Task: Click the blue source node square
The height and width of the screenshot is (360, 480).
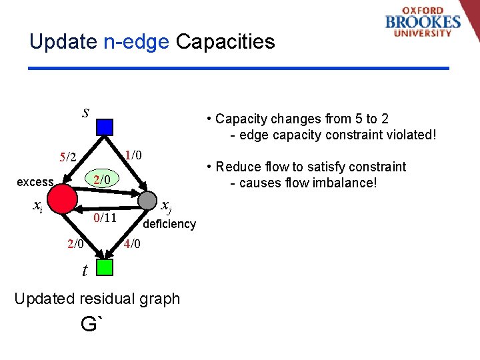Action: click(105, 127)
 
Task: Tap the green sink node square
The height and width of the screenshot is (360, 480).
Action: click(105, 267)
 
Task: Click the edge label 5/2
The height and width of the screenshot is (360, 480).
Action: click(69, 157)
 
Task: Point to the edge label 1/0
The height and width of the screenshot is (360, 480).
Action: click(133, 155)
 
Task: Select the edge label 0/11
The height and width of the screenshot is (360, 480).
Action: click(105, 218)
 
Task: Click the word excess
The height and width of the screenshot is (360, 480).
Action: click(35, 182)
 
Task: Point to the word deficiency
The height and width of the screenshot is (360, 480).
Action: click(169, 224)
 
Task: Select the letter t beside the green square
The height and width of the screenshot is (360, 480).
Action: click(84, 270)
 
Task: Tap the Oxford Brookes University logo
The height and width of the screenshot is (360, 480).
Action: click(423, 23)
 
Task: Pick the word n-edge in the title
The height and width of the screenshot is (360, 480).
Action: click(136, 42)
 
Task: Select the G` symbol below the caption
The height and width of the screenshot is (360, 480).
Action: click(92, 325)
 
